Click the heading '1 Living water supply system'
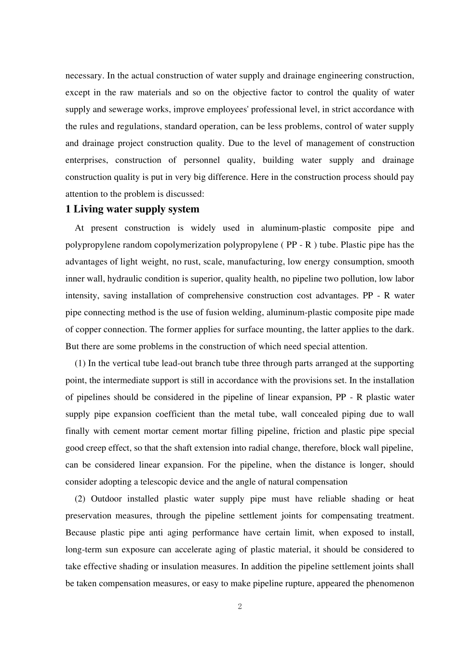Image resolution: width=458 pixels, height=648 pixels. [x=132, y=209]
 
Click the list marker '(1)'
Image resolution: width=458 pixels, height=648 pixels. [x=80, y=364]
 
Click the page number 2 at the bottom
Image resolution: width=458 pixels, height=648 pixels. [x=240, y=607]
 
